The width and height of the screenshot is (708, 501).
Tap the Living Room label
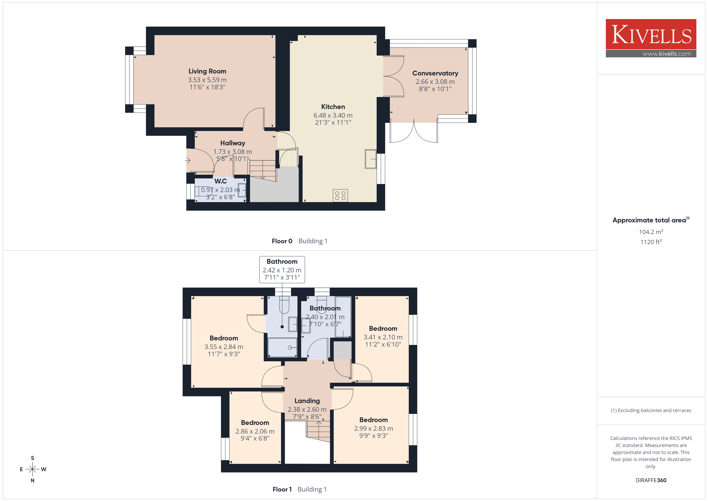pyautogui.click(x=207, y=71)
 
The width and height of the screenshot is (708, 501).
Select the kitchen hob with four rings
pyautogui.click(x=340, y=196)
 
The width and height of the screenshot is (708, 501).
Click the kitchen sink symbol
pyautogui.click(x=371, y=159)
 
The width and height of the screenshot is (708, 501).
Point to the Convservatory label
pyautogui.click(x=435, y=73)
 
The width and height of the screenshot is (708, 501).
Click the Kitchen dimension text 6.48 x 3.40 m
pyautogui.click(x=333, y=115)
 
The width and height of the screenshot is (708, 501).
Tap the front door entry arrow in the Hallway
pyautogui.click(x=187, y=160)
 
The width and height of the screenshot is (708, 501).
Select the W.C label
pyautogui.click(x=221, y=181)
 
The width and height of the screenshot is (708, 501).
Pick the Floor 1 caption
pyautogui.click(x=282, y=489)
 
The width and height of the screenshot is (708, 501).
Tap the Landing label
pyautogui.click(x=307, y=401)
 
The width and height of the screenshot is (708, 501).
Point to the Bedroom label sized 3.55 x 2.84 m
pyautogui.click(x=224, y=338)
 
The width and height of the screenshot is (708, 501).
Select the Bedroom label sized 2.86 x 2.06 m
pyautogui.click(x=255, y=423)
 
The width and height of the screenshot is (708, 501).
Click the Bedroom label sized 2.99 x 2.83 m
pyautogui.click(x=373, y=420)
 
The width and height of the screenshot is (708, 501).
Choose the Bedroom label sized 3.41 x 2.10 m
pyautogui.click(x=383, y=329)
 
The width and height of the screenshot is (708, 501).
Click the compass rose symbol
pyautogui.click(x=32, y=469)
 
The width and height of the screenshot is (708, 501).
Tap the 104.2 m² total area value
pyautogui.click(x=651, y=232)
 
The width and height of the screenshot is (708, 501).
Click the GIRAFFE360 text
pyautogui.click(x=651, y=480)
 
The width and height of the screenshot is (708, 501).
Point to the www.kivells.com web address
pyautogui.click(x=667, y=54)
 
